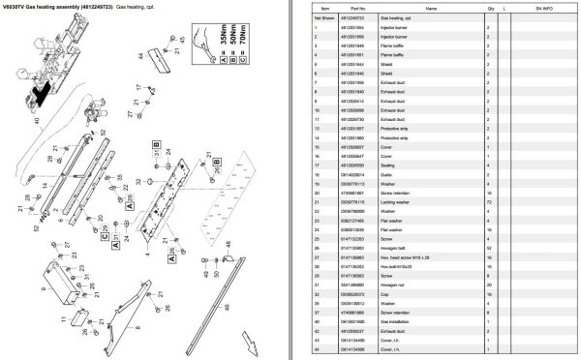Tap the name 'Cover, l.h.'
(408, 341)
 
